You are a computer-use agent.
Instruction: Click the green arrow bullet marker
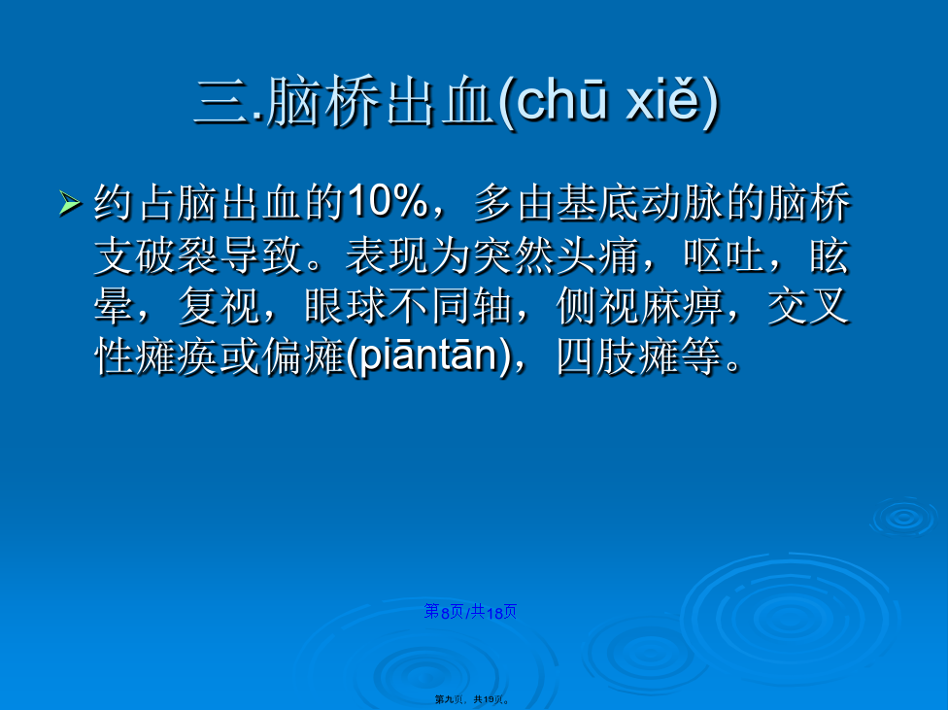click(70, 203)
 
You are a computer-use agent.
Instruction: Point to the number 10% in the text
click(388, 201)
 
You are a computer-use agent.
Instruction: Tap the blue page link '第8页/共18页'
click(470, 612)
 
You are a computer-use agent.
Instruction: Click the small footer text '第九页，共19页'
click(472, 699)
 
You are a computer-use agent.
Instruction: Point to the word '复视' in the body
click(220, 306)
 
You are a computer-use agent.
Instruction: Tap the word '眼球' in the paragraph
click(346, 306)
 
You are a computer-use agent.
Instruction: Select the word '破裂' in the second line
click(177, 255)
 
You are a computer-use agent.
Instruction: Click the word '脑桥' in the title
click(322, 102)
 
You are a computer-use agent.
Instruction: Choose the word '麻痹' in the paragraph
click(682, 306)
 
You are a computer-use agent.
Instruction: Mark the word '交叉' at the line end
click(809, 306)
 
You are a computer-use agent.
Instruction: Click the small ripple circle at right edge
click(903, 518)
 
